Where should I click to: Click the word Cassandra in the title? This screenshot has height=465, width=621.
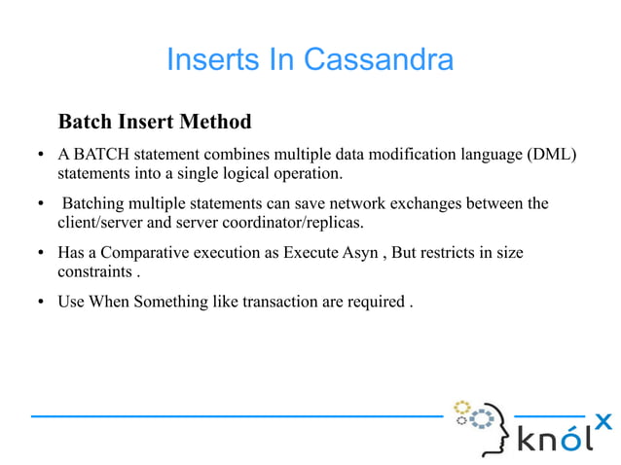(379, 60)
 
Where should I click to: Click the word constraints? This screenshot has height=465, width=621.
(92, 272)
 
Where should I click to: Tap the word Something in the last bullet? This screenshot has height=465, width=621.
(170, 302)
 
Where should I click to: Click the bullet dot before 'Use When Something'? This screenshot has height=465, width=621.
(42, 302)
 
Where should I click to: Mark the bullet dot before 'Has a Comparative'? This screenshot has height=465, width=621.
(42, 253)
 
